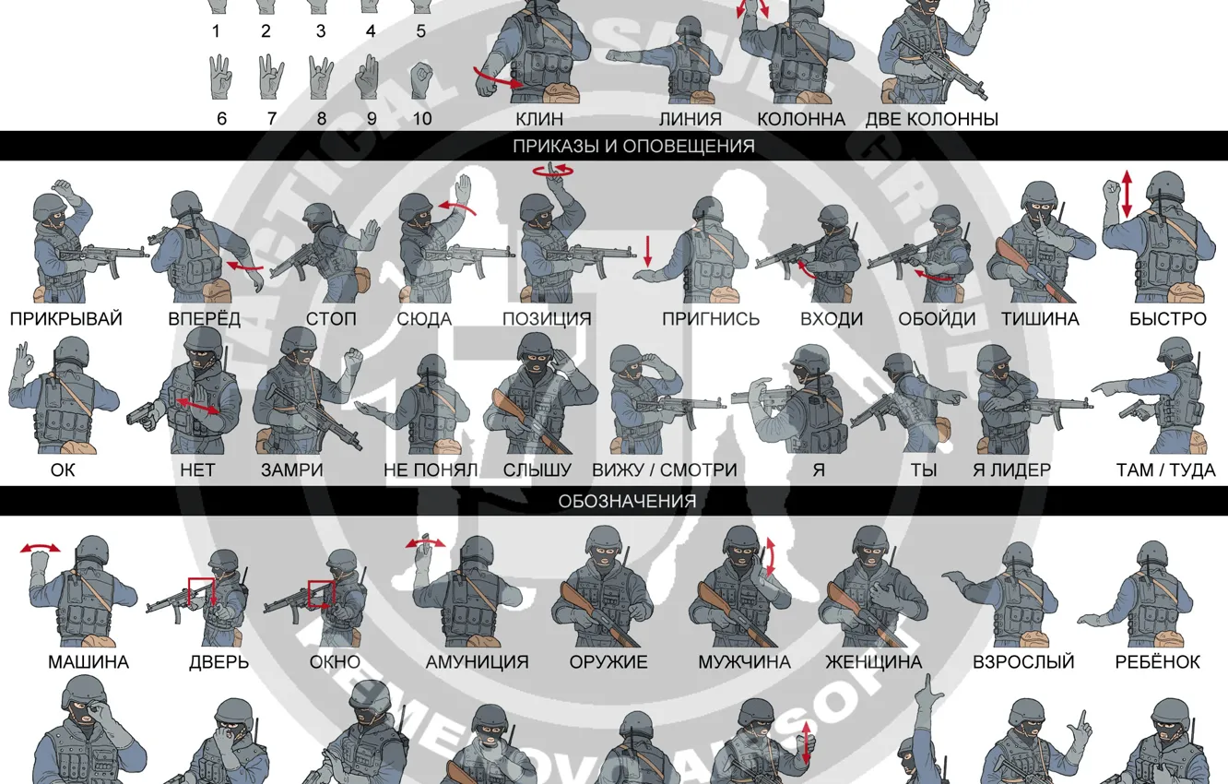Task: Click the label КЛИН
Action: pyautogui.click(x=539, y=119)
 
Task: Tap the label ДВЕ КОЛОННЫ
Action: pyautogui.click(x=931, y=119)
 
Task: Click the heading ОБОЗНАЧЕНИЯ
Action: pyautogui.click(x=627, y=501)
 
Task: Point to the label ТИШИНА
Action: pyautogui.click(x=1039, y=319)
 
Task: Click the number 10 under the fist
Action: pyautogui.click(x=422, y=119)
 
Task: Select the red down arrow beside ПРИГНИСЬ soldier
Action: pyautogui.click(x=648, y=250)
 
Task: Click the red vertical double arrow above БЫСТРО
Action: pyautogui.click(x=1126, y=196)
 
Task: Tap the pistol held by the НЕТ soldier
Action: pyautogui.click(x=143, y=413)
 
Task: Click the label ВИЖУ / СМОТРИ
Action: pyautogui.click(x=664, y=470)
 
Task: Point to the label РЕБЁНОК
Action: pyautogui.click(x=1157, y=662)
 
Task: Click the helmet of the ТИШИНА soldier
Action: pyautogui.click(x=1038, y=194)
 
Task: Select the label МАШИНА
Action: pyautogui.click(x=89, y=662)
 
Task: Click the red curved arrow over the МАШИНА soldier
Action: pyautogui.click(x=41, y=549)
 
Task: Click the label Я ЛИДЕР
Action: pyautogui.click(x=1011, y=470)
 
